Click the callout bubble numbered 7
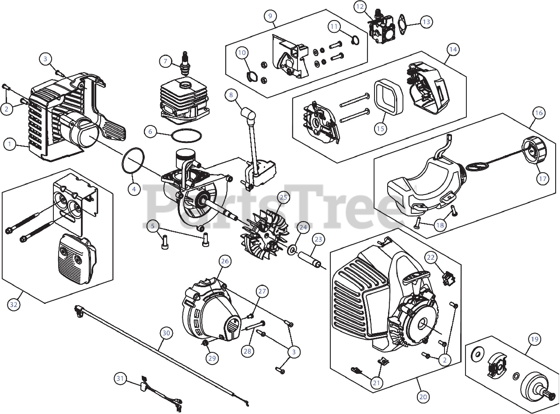pos(165,61)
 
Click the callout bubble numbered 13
pos(426,21)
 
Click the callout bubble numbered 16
pos(539,113)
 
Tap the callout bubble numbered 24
pos(303,227)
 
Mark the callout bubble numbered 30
pos(165,333)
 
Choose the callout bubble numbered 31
pos(120,378)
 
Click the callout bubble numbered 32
pos(14,305)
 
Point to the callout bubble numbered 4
pos(134,189)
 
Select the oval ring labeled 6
pos(186,136)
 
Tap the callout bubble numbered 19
pos(534,339)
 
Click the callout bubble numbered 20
pos(423,397)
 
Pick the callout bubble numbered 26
pos(224,261)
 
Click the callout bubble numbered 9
pos(270,16)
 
